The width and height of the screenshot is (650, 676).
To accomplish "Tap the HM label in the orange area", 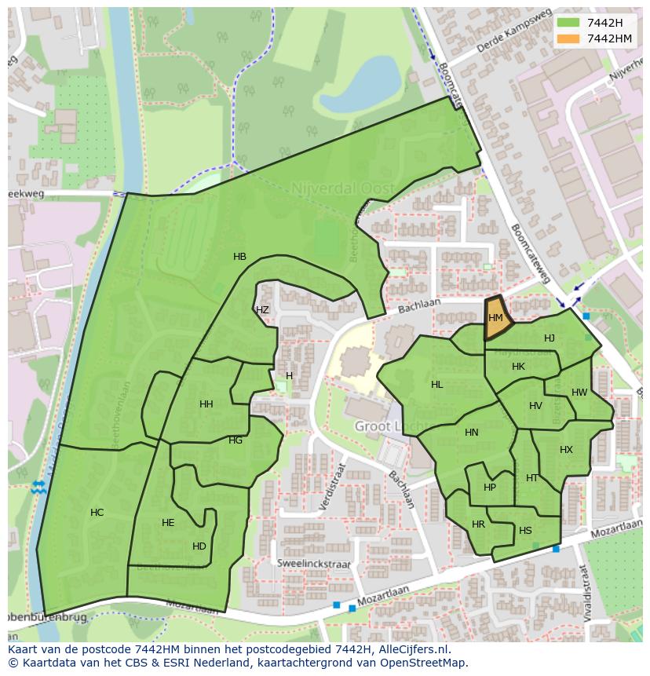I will pos(495,318).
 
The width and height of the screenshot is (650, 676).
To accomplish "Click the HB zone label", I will pos(239,257).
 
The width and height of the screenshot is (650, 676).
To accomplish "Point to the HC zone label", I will pos(97,513).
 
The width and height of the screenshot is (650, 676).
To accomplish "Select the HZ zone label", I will pos(262,310).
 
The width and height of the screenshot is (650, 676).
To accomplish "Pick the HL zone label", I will pos(436,385).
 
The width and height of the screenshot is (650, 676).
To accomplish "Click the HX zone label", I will pos(566,450).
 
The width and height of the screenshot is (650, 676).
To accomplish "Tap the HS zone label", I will pos(525,531).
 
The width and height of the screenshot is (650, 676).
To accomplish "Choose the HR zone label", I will pos(478,524).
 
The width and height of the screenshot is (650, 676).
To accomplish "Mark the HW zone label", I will pos(579,393).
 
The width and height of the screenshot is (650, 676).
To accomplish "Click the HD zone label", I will pos(199,546).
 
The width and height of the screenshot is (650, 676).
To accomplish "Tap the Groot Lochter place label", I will pos(383,426).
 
